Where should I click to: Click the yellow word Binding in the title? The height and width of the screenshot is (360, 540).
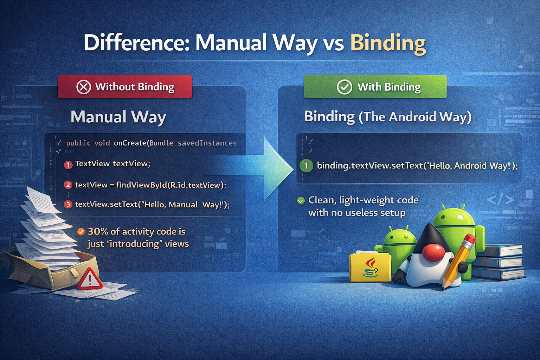click(388, 43)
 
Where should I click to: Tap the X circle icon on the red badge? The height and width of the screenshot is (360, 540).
click(84, 87)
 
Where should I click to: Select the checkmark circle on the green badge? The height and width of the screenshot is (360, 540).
click(345, 87)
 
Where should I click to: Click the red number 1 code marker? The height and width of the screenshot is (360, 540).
click(68, 165)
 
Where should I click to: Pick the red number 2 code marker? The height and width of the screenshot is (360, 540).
click(68, 185)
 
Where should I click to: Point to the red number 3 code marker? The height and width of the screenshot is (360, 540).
click(68, 204)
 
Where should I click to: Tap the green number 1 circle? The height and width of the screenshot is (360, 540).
click(306, 166)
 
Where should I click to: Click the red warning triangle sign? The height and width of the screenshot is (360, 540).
click(90, 279)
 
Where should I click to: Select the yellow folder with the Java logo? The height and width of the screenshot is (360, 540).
click(370, 267)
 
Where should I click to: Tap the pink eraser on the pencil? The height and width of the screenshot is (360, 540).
click(470, 240)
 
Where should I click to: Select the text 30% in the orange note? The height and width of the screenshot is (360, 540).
click(98, 231)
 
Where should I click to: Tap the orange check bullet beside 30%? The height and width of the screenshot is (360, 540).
click(81, 231)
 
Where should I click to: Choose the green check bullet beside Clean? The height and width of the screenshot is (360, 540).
click(301, 201)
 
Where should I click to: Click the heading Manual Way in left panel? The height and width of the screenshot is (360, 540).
click(118, 117)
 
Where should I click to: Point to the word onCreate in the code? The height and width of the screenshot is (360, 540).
click(130, 143)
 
